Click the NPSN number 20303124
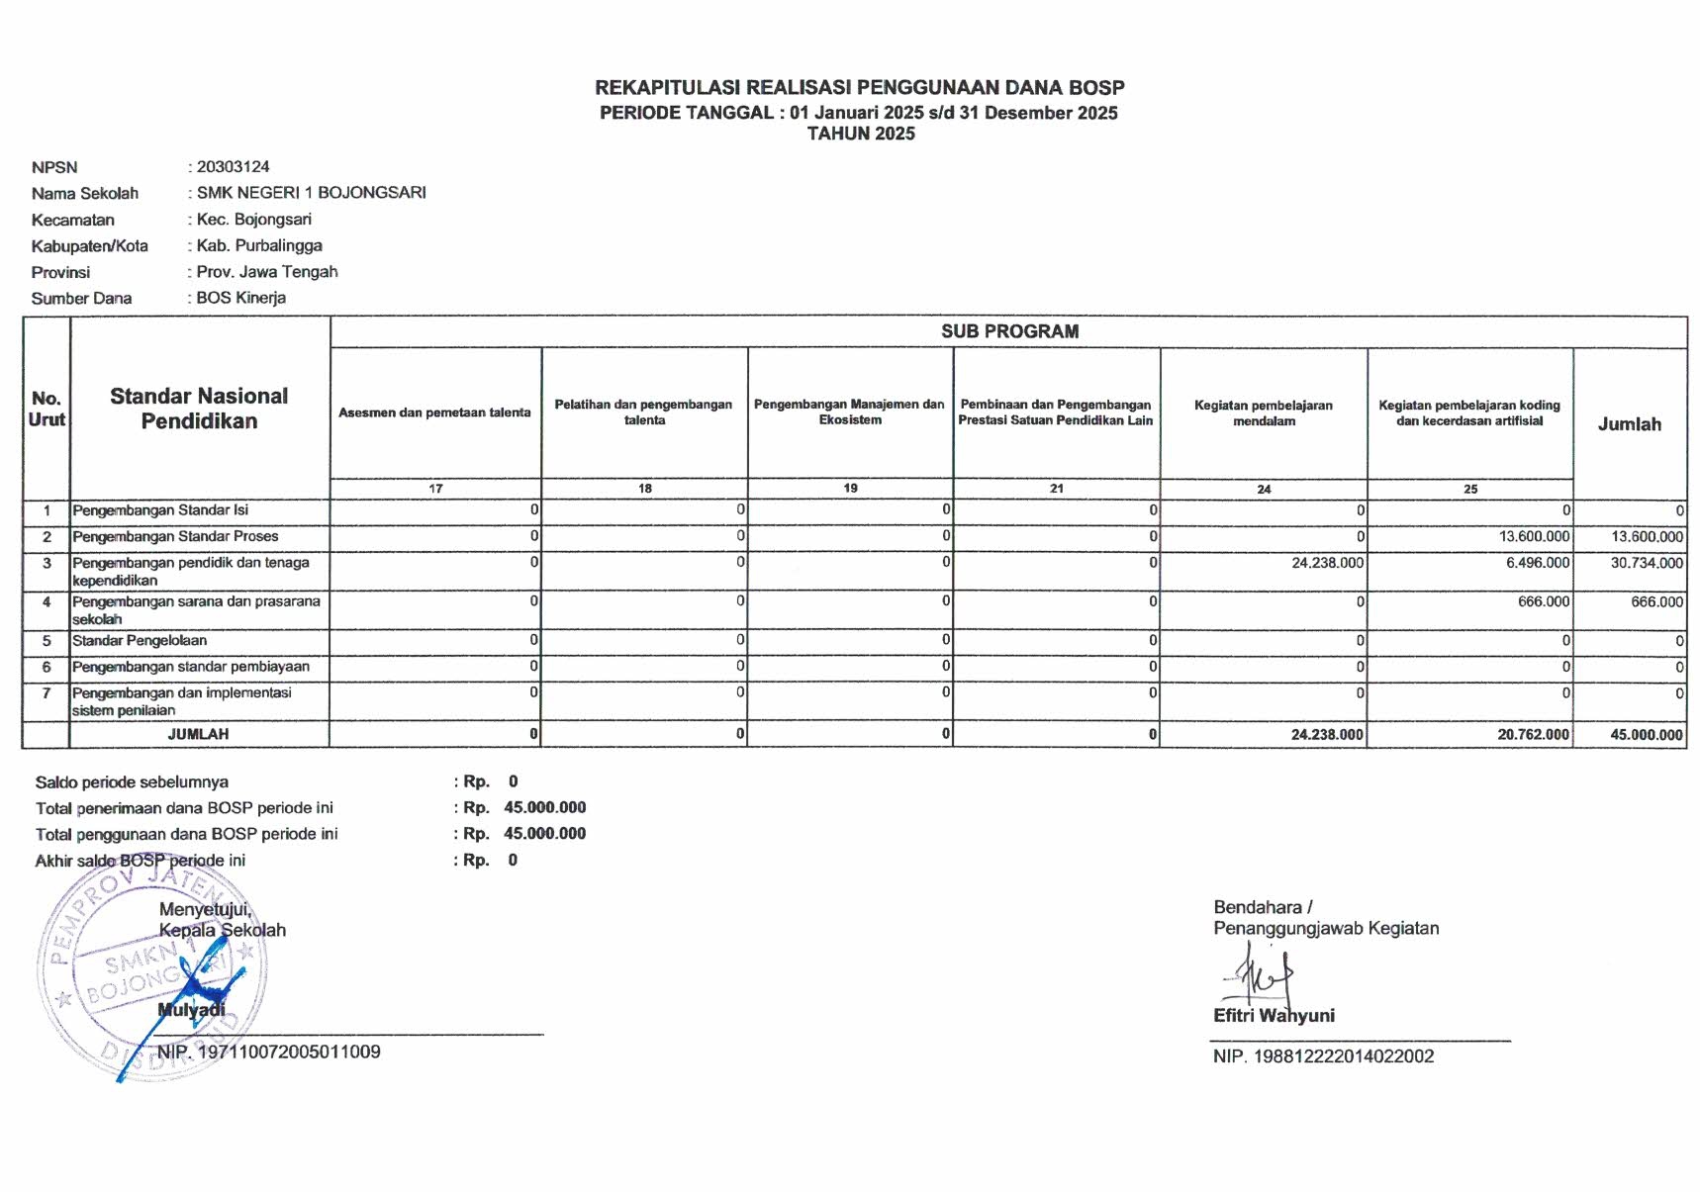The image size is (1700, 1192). pyautogui.click(x=233, y=167)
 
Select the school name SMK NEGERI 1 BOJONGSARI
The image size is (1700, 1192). pyautogui.click(x=311, y=193)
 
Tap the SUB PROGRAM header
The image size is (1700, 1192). pyautogui.click(x=1009, y=331)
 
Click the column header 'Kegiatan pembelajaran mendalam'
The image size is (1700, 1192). pyautogui.click(x=1264, y=413)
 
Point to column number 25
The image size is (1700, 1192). pyautogui.click(x=1470, y=489)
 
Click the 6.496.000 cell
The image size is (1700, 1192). pyautogui.click(x=1536, y=563)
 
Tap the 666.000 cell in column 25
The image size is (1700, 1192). pyautogui.click(x=1543, y=601)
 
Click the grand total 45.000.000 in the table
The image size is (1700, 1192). pyautogui.click(x=1646, y=735)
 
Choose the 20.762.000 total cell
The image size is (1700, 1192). pyautogui.click(x=1532, y=735)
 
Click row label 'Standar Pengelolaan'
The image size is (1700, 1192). pyautogui.click(x=140, y=641)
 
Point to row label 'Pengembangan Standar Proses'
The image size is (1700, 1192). pyautogui.click(x=175, y=536)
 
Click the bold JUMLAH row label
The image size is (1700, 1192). pyautogui.click(x=198, y=734)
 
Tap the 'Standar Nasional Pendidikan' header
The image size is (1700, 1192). pyautogui.click(x=199, y=409)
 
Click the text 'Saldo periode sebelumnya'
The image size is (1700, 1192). pyautogui.click(x=132, y=782)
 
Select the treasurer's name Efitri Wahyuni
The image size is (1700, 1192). pyautogui.click(x=1274, y=1016)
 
